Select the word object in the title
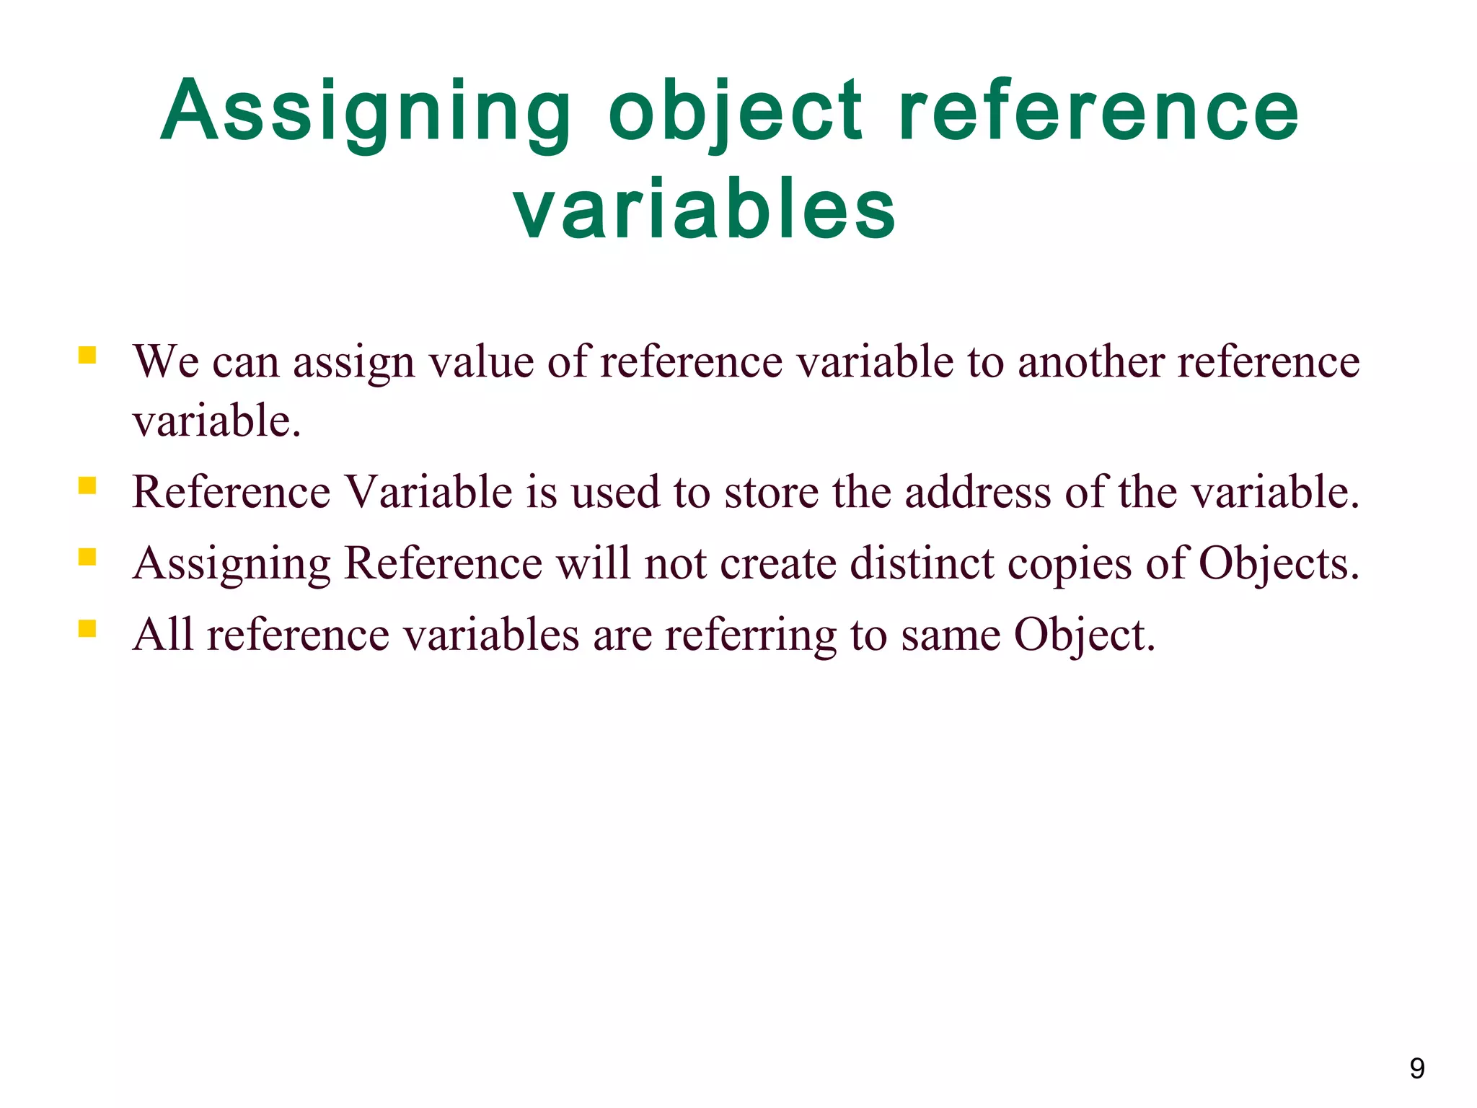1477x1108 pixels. tap(735, 112)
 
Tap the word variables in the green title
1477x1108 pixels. tap(705, 210)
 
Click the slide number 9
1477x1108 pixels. tap(1416, 1068)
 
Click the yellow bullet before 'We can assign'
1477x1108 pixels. tap(87, 356)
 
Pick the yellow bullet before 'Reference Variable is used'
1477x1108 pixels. tap(87, 486)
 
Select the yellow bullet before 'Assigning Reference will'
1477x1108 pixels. tap(87, 558)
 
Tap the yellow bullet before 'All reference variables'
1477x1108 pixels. tap(87, 629)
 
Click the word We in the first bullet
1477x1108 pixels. tap(166, 361)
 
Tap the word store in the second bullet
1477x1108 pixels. tap(771, 492)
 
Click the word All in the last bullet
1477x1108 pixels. tap(163, 635)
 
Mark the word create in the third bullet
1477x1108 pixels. tap(778, 563)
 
